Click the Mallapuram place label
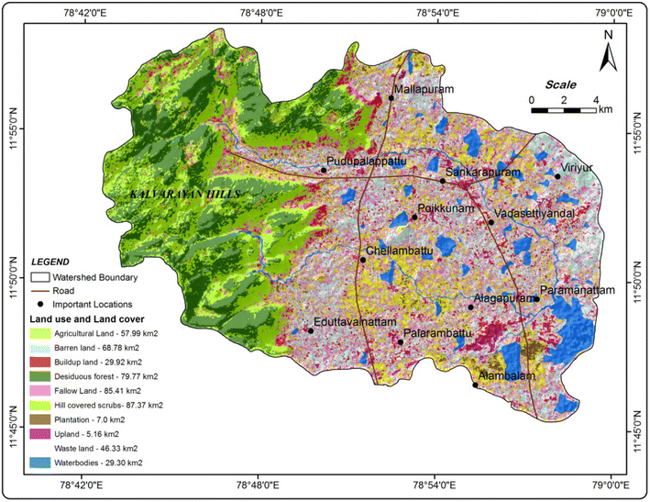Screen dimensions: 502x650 tap(424, 90)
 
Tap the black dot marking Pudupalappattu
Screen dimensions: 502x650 tap(324, 170)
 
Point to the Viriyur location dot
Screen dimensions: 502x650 tap(556, 176)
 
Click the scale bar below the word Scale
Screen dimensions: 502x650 tap(565, 110)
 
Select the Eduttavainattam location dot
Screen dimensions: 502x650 tap(310, 331)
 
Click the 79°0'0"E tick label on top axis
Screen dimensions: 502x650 tap(611, 13)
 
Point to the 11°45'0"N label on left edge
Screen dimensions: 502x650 tap(12, 429)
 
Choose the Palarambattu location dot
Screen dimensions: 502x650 tap(402, 342)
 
